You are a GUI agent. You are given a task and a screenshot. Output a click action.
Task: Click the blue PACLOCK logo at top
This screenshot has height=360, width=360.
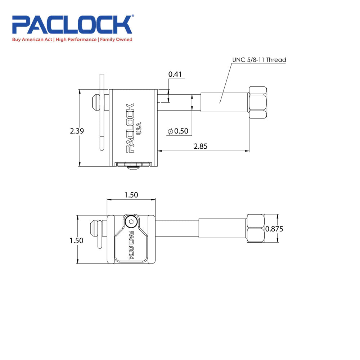click(72, 24)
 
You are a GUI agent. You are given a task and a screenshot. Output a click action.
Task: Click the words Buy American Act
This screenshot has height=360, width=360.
click(32, 40)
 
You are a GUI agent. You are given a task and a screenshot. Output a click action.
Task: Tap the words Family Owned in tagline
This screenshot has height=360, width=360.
click(116, 40)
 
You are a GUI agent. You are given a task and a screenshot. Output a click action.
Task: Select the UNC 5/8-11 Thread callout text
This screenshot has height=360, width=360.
click(259, 60)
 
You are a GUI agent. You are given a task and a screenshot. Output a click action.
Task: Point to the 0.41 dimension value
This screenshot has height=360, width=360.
click(175, 75)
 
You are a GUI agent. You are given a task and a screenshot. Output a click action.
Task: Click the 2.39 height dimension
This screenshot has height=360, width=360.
click(77, 131)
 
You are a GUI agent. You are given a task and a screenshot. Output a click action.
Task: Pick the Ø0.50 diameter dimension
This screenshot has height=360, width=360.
click(178, 131)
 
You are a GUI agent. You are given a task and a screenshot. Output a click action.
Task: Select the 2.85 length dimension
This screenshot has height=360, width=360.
click(201, 146)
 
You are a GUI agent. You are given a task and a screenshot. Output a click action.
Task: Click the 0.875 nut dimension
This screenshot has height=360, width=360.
click(275, 229)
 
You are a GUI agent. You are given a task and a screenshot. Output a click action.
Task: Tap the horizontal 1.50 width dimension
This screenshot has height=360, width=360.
click(131, 195)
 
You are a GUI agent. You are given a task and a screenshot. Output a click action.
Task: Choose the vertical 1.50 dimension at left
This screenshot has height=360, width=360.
click(76, 240)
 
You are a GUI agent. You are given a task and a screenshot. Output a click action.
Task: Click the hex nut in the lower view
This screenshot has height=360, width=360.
click(255, 229)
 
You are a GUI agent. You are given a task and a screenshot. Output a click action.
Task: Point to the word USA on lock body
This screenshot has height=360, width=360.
click(139, 129)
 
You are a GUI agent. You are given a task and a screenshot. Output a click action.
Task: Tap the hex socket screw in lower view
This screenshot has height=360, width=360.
click(131, 222)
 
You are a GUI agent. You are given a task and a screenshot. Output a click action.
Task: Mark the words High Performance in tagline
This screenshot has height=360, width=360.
click(76, 40)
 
